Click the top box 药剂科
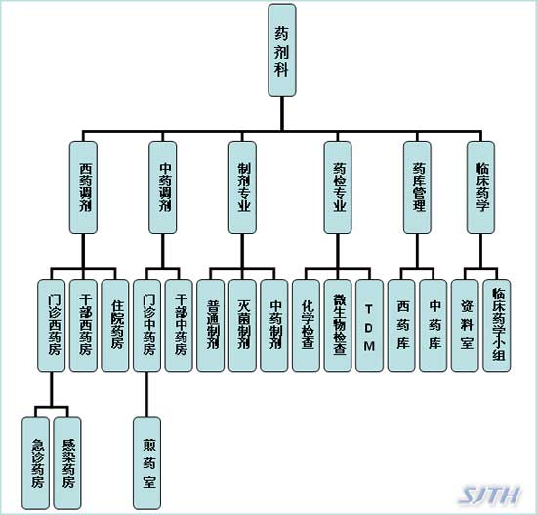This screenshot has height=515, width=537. coord(282,50)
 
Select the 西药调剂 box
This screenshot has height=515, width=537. coord(83,188)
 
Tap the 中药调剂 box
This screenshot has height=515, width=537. coord(163,188)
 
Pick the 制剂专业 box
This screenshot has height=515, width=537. coord(242,188)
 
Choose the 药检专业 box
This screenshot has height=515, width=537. coord(338,188)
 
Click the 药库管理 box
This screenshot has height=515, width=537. coord(417,188)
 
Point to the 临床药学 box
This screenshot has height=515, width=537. coord(480,188)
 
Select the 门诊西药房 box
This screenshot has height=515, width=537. coord(52,326)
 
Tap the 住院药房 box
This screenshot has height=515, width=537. coord(115,326)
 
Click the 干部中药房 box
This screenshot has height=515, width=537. coord(179,326)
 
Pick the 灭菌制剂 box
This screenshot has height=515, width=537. coord(242,326)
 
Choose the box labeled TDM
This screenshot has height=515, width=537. coord(369,326)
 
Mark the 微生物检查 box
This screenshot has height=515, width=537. coord(338,326)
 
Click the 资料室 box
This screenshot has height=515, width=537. coord(465,326)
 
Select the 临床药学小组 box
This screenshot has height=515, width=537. coord(497,326)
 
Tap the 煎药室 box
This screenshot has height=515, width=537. coord(146,463)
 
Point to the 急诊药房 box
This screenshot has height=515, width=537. coord(35,463)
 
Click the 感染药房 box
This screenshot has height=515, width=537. coord(67,463)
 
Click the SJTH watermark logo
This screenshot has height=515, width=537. coord(490,495)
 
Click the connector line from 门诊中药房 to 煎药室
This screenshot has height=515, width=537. coord(146,395)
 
